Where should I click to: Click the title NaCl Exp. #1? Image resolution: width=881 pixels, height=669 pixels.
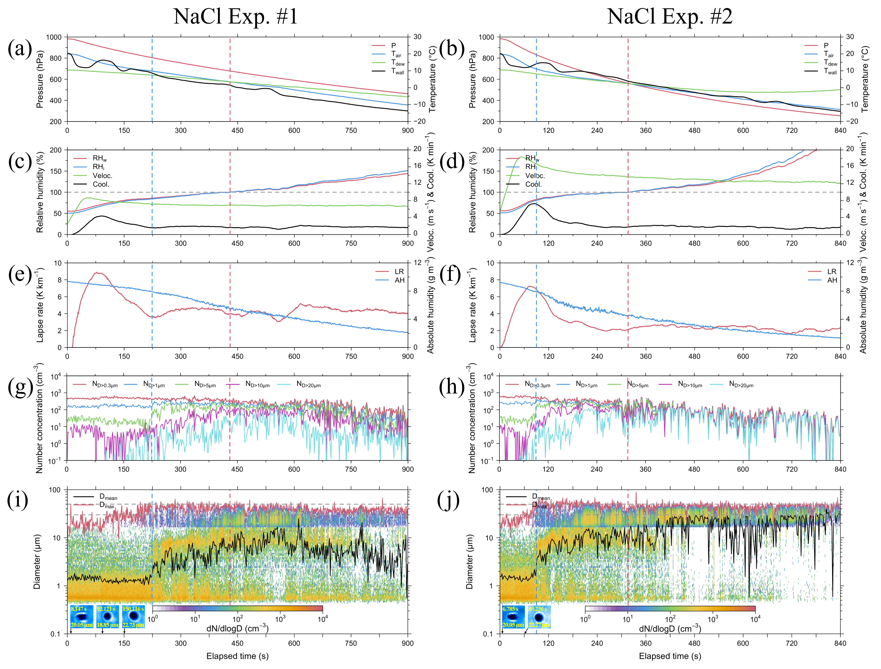[x=235, y=17]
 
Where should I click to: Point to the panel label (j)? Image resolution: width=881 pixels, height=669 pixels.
[x=449, y=500]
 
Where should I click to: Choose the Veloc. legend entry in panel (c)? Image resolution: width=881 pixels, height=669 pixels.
[x=102, y=176]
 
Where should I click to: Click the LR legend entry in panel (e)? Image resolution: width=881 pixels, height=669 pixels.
[x=399, y=272]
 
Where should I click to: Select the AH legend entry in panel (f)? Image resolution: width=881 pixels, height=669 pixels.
[x=832, y=280]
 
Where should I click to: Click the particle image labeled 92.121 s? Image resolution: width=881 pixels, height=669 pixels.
[x=107, y=616]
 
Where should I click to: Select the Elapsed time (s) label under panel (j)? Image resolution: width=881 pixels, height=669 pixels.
[x=670, y=656]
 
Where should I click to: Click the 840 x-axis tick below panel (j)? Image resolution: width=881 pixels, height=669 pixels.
[x=840, y=643]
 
